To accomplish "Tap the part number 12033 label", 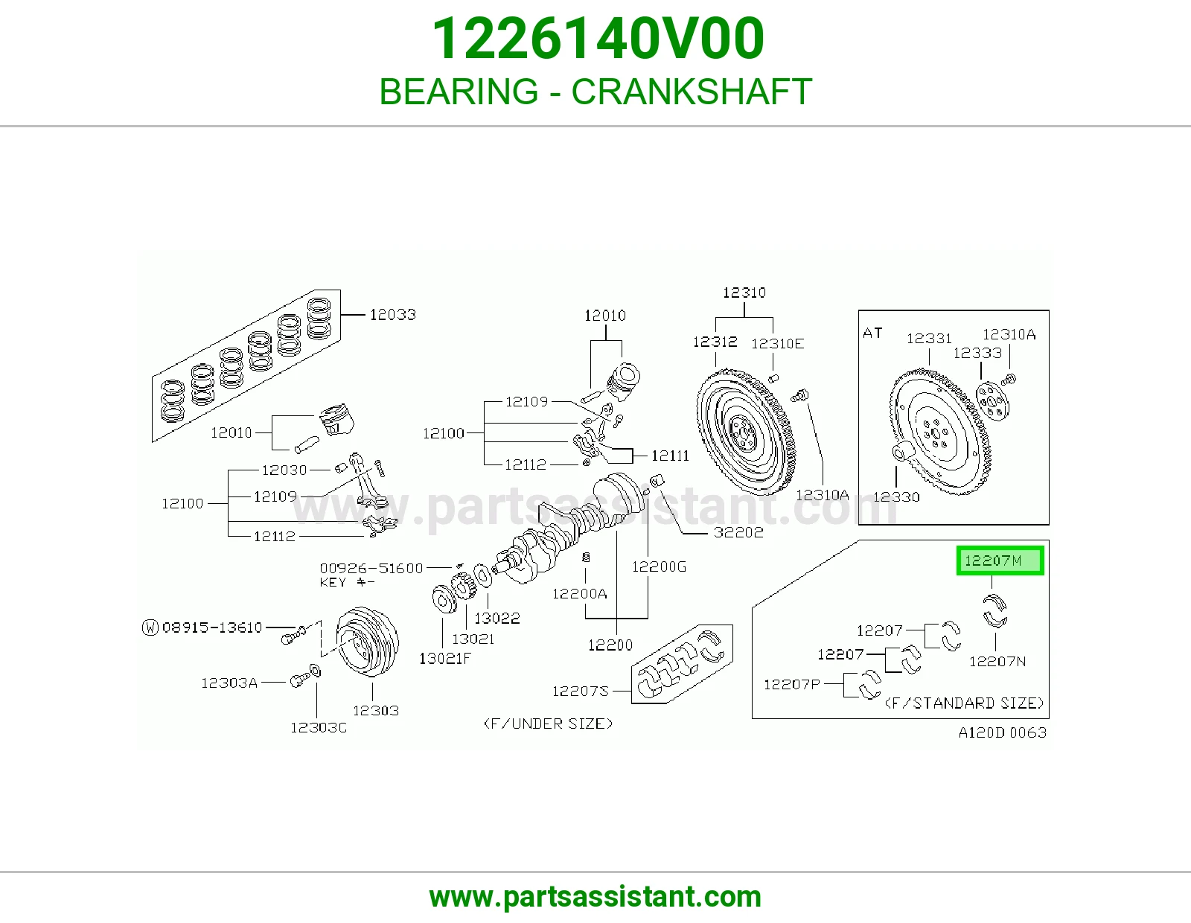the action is point(392,315).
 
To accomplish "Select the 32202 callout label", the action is point(738,532).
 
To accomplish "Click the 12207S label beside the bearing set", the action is point(581,692).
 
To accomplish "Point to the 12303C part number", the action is point(319,727).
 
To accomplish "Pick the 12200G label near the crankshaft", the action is point(659,566).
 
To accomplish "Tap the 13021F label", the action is point(444,658).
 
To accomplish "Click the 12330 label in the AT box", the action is point(896,496).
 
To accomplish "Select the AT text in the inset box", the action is point(872,333).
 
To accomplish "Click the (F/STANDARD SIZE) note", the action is point(964,703).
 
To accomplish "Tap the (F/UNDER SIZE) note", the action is point(548,724).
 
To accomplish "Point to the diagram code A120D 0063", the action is point(1003,732).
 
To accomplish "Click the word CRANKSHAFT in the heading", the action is point(692,92).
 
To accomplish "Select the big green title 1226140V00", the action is point(598,38).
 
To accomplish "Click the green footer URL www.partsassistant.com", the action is point(595,897).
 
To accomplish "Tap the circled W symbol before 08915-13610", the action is point(150,627).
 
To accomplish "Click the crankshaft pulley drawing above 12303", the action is point(367,642).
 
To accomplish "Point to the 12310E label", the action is point(777,344).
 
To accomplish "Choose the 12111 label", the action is point(670,456).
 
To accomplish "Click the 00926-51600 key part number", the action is point(371,569).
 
